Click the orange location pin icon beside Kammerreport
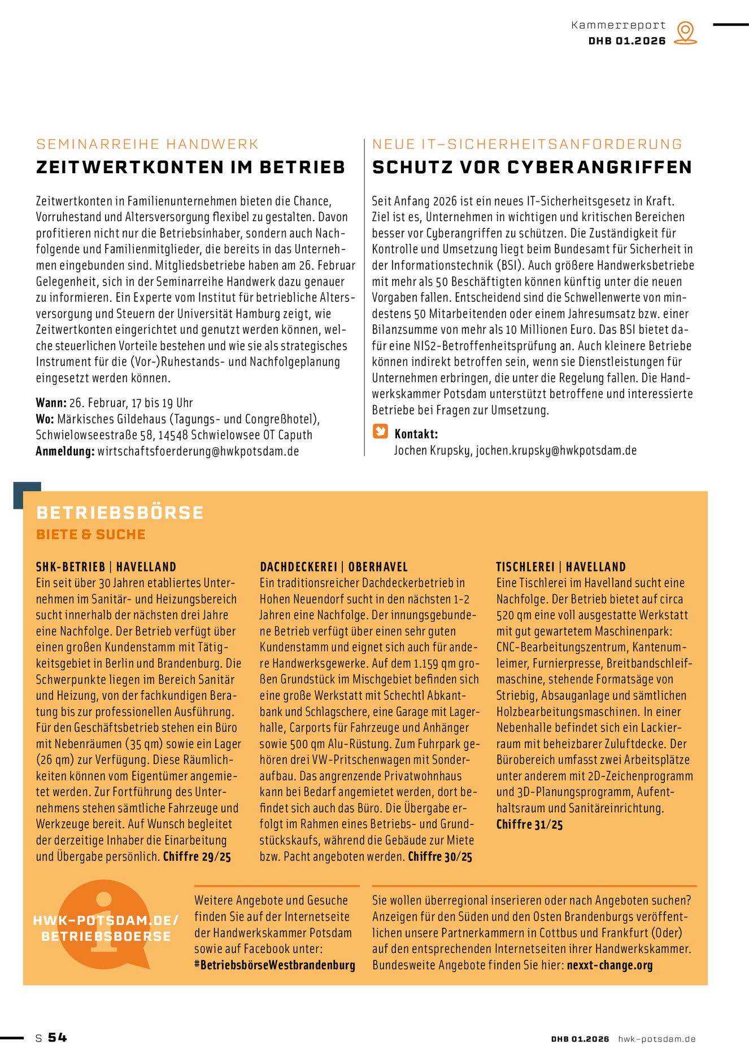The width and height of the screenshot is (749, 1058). point(685,33)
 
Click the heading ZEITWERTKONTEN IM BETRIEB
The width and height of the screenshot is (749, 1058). point(190,168)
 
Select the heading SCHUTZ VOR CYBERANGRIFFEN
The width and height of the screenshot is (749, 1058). point(532,168)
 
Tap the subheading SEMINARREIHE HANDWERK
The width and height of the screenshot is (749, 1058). point(147,144)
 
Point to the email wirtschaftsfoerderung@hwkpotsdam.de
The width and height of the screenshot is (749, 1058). point(198,451)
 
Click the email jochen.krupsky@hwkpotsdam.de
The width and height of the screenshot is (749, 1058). point(556,451)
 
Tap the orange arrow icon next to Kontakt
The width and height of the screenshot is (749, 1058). point(380,432)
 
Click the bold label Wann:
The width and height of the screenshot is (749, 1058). point(51,403)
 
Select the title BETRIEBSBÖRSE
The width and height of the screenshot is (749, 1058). point(120,512)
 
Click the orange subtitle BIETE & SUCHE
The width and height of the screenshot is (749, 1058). point(91,534)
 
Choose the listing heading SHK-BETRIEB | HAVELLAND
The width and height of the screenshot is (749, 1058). point(106,567)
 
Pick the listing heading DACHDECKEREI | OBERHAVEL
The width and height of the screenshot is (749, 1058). point(333,567)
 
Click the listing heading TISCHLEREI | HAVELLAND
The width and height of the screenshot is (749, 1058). point(561,567)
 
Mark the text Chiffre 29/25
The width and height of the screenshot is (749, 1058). point(197,857)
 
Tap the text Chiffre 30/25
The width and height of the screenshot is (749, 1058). point(440,857)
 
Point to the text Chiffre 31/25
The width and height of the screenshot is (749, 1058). point(529,824)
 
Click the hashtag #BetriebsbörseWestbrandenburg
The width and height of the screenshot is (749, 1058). point(275,965)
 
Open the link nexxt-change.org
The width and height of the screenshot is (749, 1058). point(609,965)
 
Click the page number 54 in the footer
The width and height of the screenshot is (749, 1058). point(57,1038)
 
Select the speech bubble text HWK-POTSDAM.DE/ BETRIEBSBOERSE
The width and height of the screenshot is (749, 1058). point(106,928)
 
